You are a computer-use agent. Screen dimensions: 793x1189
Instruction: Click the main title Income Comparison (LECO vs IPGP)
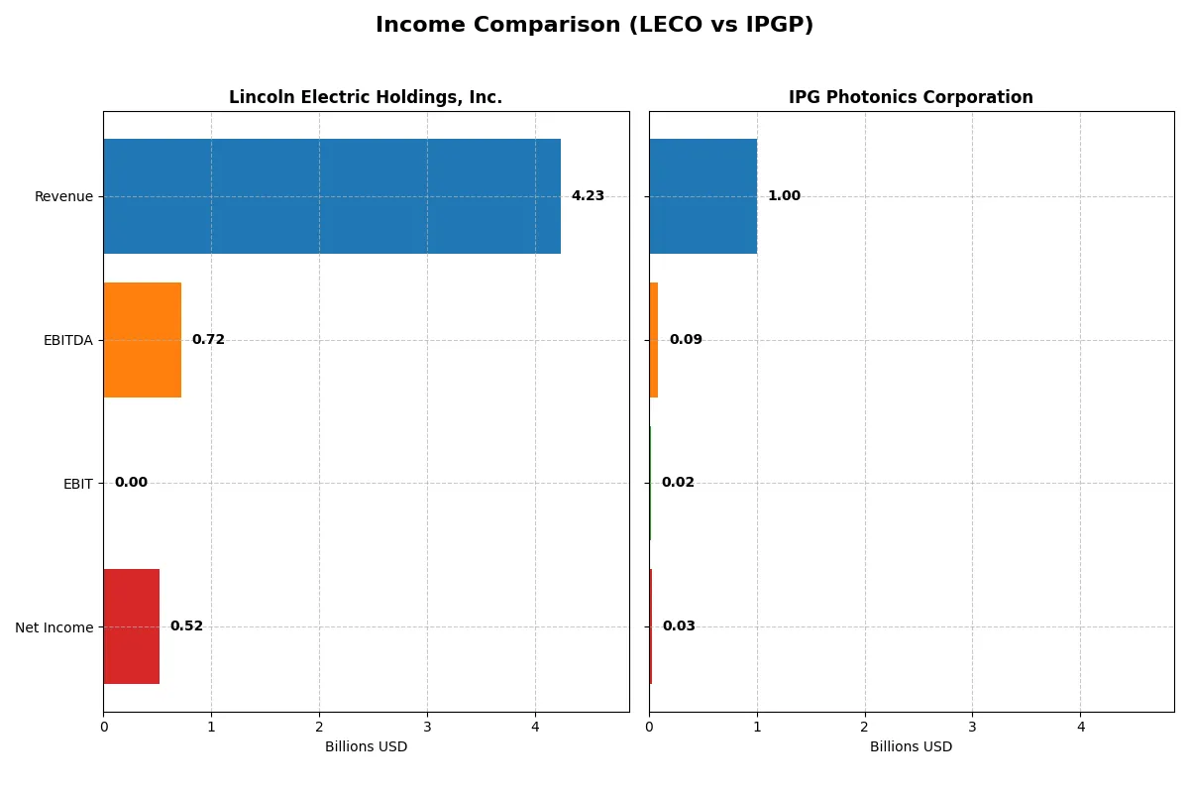tap(594, 26)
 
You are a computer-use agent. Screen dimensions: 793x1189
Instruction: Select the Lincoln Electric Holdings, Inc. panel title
tap(366, 97)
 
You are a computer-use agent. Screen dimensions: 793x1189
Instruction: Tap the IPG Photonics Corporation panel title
tap(911, 97)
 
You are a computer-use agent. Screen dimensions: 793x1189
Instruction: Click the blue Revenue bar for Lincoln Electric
tap(332, 196)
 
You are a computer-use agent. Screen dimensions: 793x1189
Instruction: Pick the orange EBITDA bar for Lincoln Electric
tap(142, 340)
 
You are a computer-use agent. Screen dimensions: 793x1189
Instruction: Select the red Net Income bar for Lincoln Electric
tap(131, 626)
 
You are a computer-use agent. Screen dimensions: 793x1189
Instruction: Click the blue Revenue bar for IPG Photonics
tap(703, 196)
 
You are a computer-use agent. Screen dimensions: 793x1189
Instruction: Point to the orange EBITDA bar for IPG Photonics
tap(654, 340)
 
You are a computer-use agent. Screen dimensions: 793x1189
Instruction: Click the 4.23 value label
tap(588, 196)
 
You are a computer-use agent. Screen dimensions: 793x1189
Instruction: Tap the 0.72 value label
tap(208, 340)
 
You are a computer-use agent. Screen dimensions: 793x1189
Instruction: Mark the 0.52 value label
tap(186, 626)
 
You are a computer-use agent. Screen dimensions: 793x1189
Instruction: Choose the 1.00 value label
tap(784, 196)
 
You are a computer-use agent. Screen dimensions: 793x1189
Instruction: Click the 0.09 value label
tap(686, 340)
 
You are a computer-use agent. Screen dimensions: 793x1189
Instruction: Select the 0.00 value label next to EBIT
tap(131, 483)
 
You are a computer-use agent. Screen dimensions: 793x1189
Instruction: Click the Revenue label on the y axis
tap(63, 196)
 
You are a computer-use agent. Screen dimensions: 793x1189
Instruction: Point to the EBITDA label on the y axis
tap(67, 340)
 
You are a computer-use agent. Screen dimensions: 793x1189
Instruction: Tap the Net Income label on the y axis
tap(54, 626)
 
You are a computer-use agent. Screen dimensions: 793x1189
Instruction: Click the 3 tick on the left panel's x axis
tap(427, 727)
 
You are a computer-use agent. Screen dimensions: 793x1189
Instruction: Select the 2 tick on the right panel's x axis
tap(865, 727)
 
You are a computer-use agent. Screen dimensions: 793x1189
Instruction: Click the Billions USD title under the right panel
tap(911, 747)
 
